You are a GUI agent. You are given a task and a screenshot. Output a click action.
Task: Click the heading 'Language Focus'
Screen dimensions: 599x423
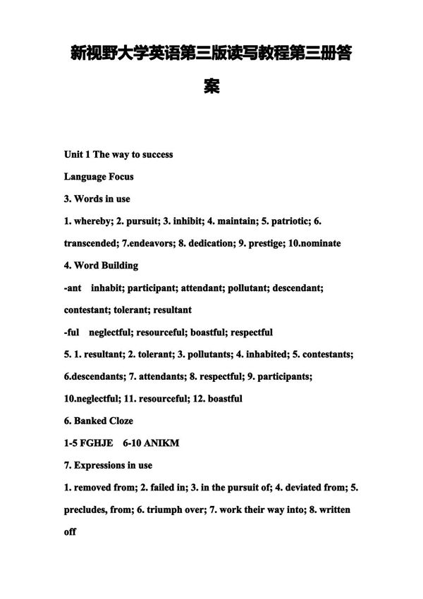pyautogui.click(x=99, y=176)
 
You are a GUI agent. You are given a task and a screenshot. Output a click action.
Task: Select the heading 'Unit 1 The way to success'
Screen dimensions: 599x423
pyautogui.click(x=118, y=154)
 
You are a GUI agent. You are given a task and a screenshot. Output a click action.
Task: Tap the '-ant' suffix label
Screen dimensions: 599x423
pyautogui.click(x=73, y=288)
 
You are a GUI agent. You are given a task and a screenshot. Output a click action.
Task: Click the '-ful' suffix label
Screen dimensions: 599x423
pyautogui.click(x=72, y=332)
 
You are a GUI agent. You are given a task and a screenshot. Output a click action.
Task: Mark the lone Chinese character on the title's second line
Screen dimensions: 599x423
pyautogui.click(x=211, y=87)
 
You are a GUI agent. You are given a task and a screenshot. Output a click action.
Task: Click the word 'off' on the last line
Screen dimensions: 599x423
pyautogui.click(x=70, y=532)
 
